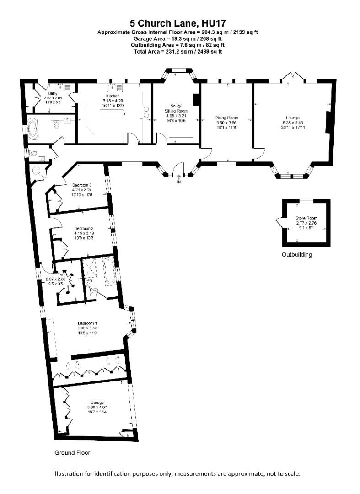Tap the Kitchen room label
pyautogui.click(x=113, y=96)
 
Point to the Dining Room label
pyautogui.click(x=226, y=118)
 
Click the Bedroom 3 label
pyautogui.click(x=82, y=185)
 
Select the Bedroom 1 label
pyautogui.click(x=86, y=323)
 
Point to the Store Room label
pyautogui.click(x=306, y=218)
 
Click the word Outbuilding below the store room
pyautogui.click(x=296, y=255)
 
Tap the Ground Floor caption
pyautogui.click(x=72, y=453)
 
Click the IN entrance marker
pyautogui.click(x=179, y=183)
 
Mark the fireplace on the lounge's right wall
pyautogui.click(x=327, y=123)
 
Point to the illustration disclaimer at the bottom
pyautogui.click(x=177, y=474)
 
